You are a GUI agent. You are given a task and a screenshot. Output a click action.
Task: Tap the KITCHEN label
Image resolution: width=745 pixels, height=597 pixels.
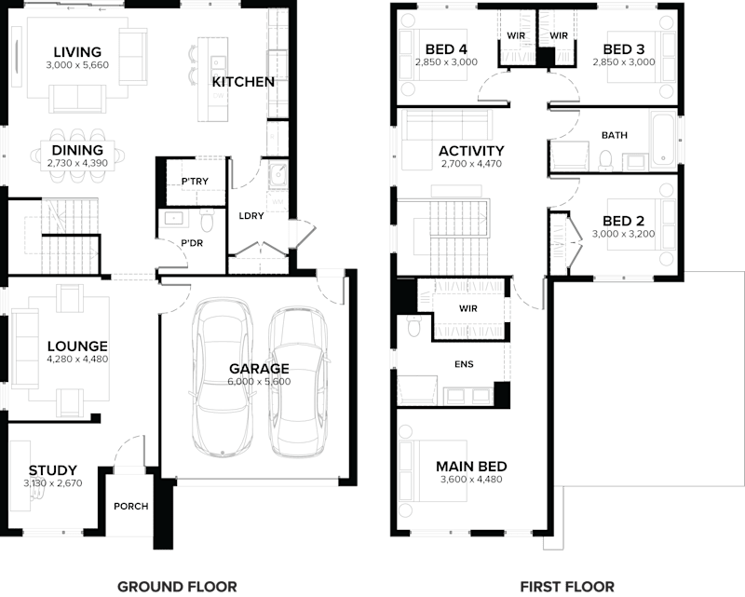pyautogui.click(x=243, y=82)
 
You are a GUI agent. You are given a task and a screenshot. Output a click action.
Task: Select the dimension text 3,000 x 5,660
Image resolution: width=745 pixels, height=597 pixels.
pyautogui.click(x=76, y=65)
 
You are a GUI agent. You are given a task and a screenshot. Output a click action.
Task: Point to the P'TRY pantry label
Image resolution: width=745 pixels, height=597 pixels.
pyautogui.click(x=194, y=181)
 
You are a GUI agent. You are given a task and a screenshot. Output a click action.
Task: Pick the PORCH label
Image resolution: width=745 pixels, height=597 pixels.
pyautogui.click(x=130, y=507)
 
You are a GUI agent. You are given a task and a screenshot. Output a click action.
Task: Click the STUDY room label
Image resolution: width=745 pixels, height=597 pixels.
pyautogui.click(x=52, y=470)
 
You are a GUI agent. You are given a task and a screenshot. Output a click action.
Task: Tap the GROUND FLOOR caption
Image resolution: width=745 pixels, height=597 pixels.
pyautogui.click(x=177, y=586)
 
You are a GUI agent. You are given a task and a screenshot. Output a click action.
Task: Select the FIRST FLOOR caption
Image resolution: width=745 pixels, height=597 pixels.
pyautogui.click(x=567, y=586)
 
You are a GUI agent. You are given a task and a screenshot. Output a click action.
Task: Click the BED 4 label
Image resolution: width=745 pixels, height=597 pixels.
pyautogui.click(x=446, y=48)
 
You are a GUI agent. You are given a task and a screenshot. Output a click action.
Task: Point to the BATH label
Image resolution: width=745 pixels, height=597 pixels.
pyautogui.click(x=614, y=135)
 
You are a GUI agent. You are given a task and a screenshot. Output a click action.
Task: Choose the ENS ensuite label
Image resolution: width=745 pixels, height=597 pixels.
pyautogui.click(x=463, y=363)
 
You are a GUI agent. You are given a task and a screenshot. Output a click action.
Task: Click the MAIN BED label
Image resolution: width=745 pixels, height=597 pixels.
pyautogui.click(x=470, y=467)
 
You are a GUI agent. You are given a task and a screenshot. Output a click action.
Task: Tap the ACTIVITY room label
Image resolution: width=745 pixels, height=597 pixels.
pyautogui.click(x=471, y=151)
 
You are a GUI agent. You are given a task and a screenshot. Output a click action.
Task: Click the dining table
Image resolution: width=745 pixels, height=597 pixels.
pyautogui.click(x=79, y=152)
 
